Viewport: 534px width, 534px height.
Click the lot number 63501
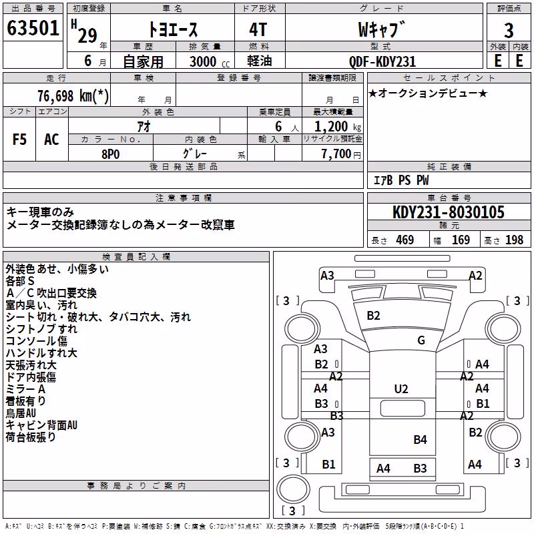33,28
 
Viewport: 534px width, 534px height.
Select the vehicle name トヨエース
173,29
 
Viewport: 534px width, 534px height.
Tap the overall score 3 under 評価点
509,30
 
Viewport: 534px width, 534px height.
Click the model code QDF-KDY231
382,61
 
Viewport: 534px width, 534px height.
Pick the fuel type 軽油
260,61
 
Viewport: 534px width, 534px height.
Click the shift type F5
19,140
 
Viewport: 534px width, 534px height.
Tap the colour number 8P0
111,154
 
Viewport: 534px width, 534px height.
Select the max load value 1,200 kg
338,127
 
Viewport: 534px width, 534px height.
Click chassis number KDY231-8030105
449,212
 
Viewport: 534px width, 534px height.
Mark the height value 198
514,240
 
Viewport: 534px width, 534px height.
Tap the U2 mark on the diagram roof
401,389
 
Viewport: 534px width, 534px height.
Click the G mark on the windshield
421,340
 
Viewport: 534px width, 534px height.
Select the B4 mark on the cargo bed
420,440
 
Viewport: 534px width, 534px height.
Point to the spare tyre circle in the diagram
293,489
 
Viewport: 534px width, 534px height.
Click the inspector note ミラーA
25,389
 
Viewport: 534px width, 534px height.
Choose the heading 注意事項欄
184,198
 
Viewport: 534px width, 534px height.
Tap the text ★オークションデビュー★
428,93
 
